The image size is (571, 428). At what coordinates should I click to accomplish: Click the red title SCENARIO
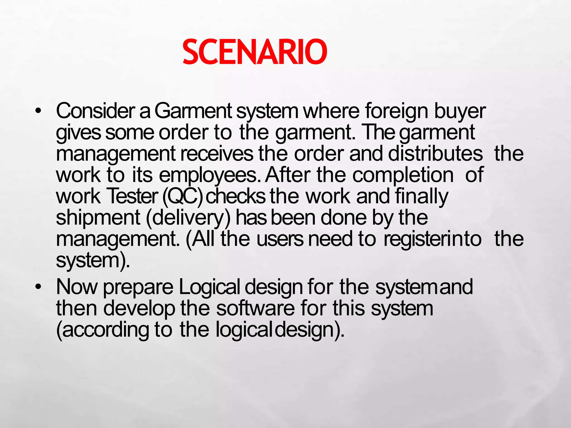pyautogui.click(x=255, y=52)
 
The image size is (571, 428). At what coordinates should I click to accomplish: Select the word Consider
pyautogui.click(x=95, y=111)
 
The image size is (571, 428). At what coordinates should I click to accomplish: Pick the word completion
pyautogui.click(x=403, y=176)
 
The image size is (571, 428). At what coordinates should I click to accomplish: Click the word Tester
pyautogui.click(x=132, y=196)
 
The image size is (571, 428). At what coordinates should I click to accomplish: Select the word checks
pyautogui.click(x=235, y=196)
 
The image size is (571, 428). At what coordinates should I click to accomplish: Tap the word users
pyautogui.click(x=280, y=239)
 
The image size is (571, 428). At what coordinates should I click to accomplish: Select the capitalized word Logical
pyautogui.click(x=209, y=287)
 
